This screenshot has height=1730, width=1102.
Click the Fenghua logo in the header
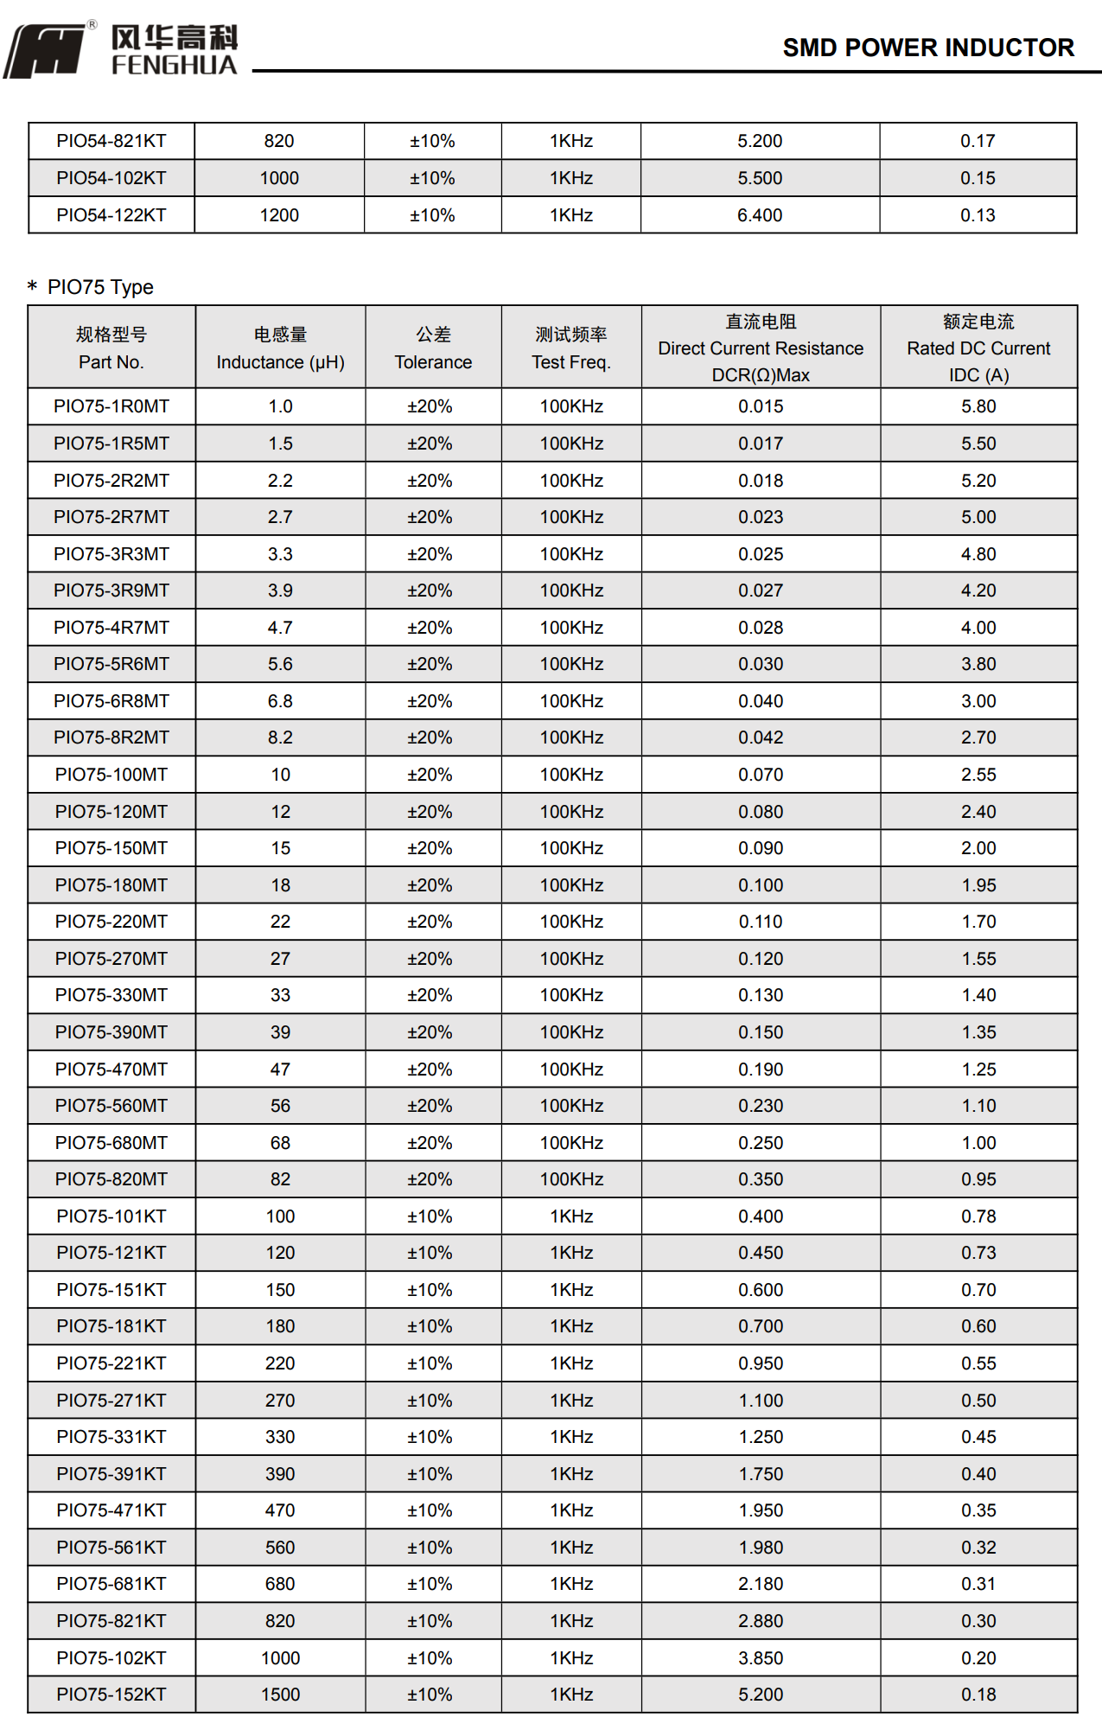pos(121,49)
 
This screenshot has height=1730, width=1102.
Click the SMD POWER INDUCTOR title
pos(927,48)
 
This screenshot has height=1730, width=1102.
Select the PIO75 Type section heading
pos(100,287)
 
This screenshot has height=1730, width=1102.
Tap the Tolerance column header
pos(433,348)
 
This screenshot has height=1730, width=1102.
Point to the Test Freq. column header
pos(570,348)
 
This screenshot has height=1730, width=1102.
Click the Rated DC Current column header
pos(978,348)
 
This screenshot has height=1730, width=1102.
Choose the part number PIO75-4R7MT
pos(111,628)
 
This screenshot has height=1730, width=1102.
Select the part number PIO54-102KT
pos(111,178)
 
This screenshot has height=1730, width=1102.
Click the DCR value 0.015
pos(761,406)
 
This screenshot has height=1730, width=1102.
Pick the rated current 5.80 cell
pos(978,406)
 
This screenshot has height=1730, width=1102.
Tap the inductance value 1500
pos(280,1695)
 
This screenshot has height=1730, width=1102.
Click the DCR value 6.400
pos(760,215)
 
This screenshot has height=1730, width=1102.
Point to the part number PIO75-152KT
pos(111,1695)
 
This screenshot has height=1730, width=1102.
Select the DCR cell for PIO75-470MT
pos(761,1069)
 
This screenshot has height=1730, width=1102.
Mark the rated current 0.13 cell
pos(978,215)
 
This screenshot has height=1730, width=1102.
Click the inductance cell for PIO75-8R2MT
pos(280,737)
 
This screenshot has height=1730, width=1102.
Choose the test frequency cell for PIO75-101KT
pos(571,1216)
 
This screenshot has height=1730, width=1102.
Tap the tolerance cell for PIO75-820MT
pos(430,1179)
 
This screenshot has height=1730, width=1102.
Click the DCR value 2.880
pos(761,1621)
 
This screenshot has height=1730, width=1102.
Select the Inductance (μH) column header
pos(280,348)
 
